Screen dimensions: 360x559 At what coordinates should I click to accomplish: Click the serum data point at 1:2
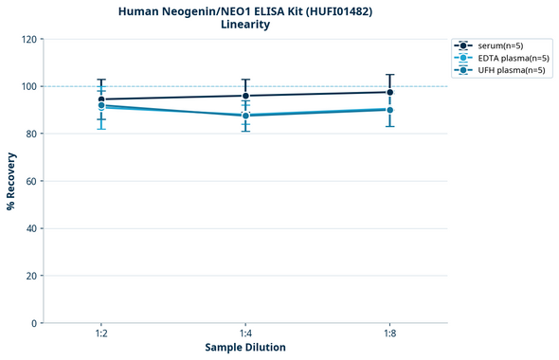point(101,99)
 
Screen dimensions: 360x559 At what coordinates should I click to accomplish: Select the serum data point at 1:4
point(245,96)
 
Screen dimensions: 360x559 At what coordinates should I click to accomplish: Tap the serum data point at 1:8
point(390,92)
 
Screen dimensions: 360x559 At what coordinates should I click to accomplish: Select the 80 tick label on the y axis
point(29,134)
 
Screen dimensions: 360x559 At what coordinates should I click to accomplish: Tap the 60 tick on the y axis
point(29,181)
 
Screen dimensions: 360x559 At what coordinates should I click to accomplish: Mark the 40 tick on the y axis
point(29,228)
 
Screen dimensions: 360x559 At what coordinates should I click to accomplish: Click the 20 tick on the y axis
point(29,276)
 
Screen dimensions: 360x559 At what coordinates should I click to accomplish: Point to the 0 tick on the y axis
point(32,323)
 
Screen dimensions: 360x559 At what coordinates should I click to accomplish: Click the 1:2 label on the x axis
point(101,334)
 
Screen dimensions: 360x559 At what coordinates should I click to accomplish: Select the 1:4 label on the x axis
point(245,334)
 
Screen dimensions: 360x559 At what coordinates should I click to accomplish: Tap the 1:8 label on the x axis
point(390,334)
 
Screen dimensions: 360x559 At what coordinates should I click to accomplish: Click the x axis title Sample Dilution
point(245,348)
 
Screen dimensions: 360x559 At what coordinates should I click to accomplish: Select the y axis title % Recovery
point(10,181)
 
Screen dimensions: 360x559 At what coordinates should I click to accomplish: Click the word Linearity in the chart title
point(245,25)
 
